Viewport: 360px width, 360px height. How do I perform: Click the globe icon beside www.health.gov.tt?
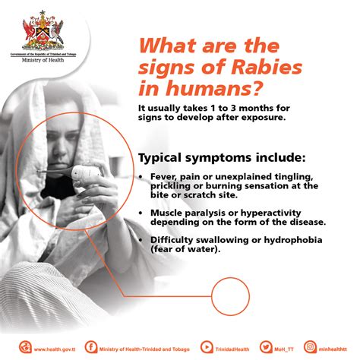25,348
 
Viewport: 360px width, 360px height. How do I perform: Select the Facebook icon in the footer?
91,348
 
